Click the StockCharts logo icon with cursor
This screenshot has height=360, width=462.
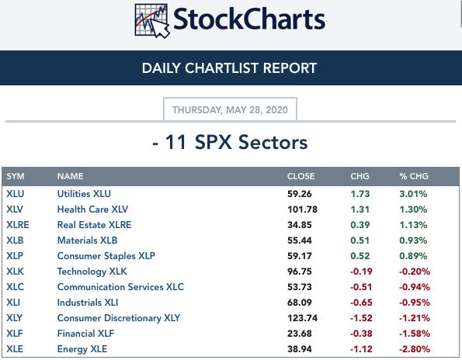152,21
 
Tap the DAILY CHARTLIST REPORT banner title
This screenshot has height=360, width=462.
229,68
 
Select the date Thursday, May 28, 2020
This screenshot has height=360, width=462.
230,110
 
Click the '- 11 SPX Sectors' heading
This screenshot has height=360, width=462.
230,143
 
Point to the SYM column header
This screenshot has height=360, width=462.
16,176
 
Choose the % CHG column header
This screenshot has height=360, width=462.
414,176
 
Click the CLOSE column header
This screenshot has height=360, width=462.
300,176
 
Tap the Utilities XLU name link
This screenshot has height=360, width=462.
84,194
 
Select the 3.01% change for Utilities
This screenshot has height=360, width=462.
413,194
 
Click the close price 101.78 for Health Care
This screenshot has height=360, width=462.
302,209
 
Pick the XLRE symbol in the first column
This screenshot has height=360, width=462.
18,225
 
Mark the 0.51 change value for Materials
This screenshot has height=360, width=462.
360,241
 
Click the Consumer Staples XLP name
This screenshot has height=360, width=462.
106,256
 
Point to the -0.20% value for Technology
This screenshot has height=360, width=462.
415,272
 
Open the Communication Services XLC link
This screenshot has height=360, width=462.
120,287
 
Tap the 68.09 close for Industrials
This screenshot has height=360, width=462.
300,303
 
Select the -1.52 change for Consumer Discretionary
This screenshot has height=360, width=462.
361,318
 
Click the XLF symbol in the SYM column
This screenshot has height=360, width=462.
15,334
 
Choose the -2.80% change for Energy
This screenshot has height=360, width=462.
415,349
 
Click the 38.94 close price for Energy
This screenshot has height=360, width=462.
300,349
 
